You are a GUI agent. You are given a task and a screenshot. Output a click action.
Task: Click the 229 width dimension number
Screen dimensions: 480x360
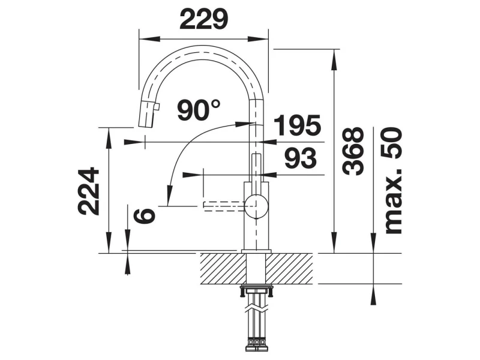click(204, 19)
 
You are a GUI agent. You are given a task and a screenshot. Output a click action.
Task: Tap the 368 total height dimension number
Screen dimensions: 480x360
click(353, 151)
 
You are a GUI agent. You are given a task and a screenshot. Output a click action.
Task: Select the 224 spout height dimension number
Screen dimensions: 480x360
click(88, 191)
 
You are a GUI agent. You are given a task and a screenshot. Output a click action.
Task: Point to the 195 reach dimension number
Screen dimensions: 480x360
click(297, 125)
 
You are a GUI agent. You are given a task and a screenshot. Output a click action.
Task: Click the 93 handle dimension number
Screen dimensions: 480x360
click(301, 158)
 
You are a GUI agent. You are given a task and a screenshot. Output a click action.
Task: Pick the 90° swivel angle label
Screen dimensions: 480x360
click(199, 110)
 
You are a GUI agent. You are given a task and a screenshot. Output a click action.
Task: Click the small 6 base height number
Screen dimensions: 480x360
click(145, 215)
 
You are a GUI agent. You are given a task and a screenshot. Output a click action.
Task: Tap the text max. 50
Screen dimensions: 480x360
click(393, 181)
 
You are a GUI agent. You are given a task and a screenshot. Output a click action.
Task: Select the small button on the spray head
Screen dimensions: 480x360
click(157, 107)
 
